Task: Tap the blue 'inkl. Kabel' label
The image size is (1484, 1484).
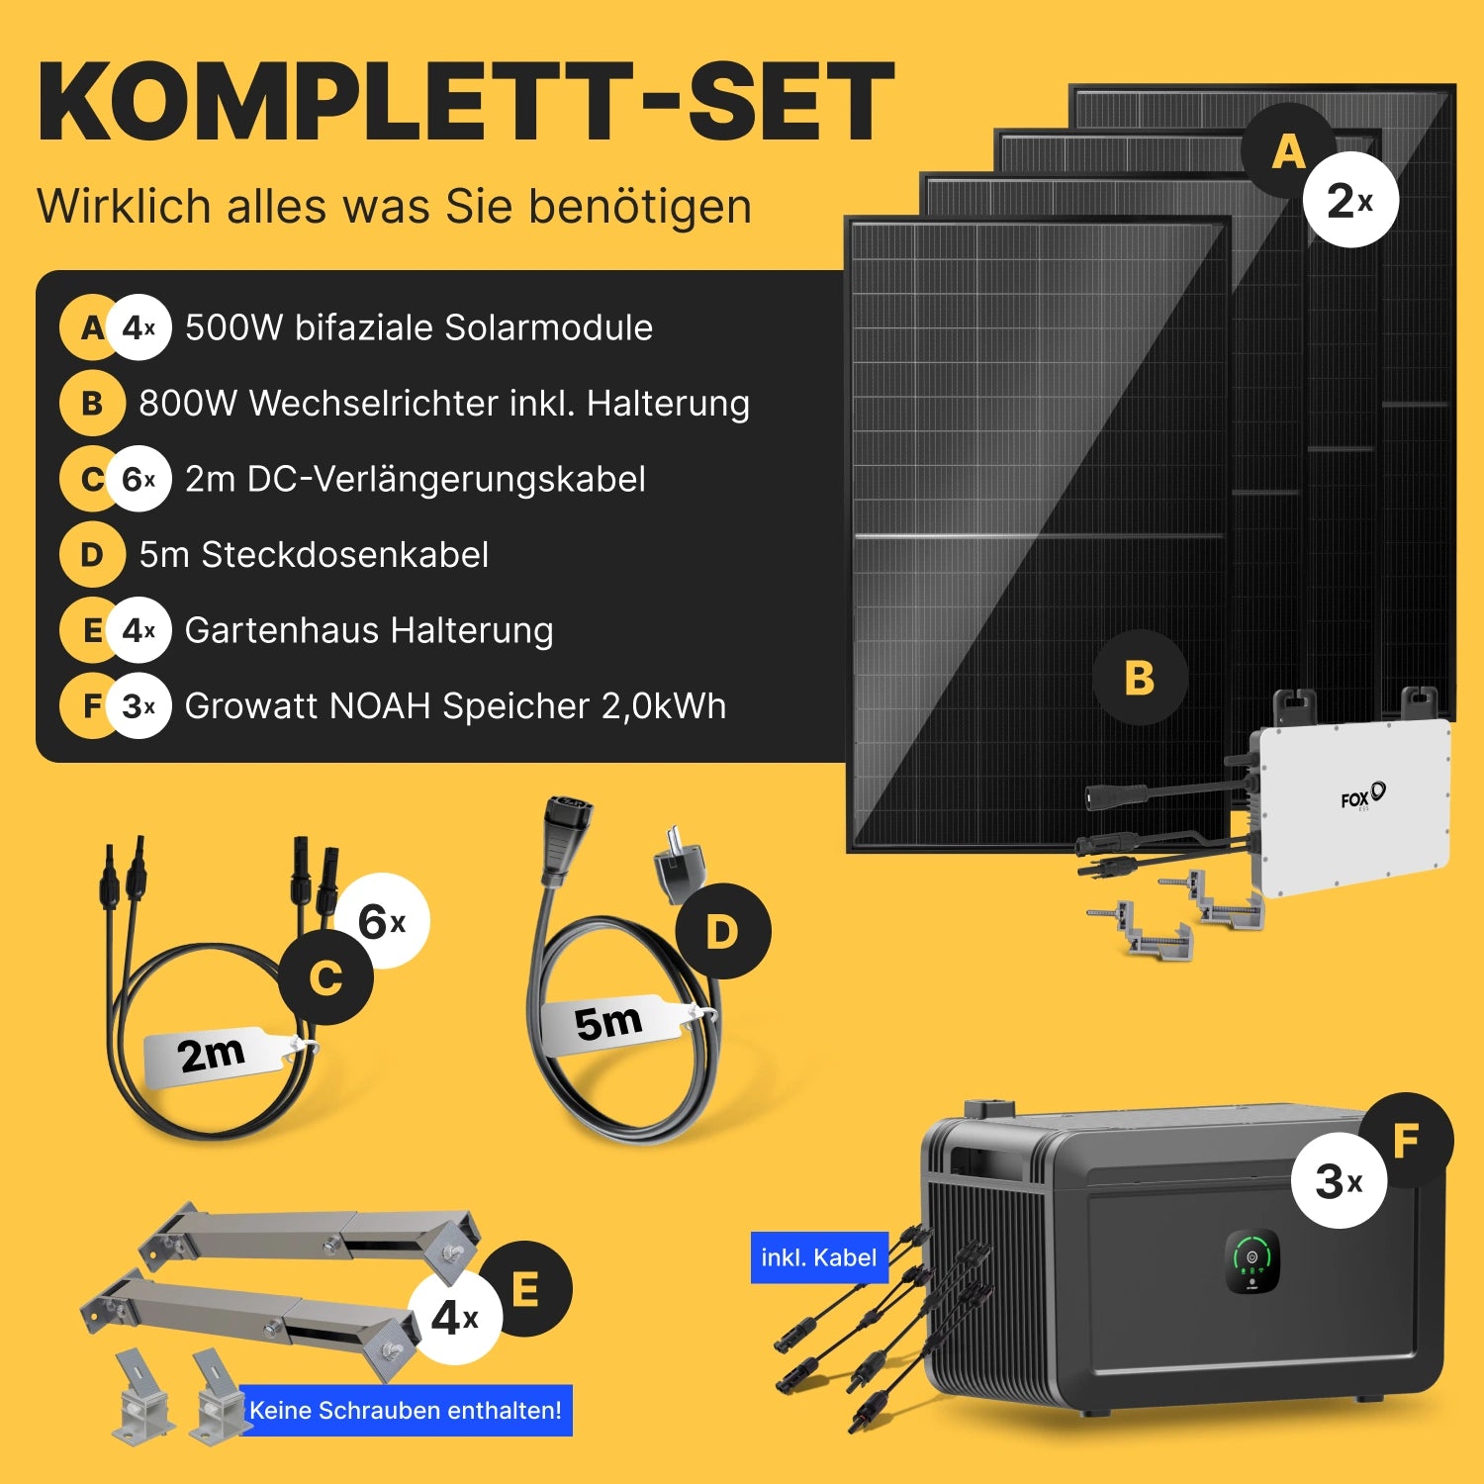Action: point(819,1257)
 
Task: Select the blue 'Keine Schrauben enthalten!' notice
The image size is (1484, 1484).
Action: point(406,1410)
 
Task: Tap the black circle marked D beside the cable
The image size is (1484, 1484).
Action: point(722,931)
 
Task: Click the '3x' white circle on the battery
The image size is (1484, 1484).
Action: point(1339,1180)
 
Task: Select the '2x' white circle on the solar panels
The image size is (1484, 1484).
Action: point(1349,200)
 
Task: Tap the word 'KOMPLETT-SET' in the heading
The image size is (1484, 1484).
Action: point(466,102)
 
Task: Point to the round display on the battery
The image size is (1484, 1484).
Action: point(1252,1260)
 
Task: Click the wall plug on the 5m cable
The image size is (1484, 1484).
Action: point(677,865)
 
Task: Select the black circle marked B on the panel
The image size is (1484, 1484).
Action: point(1140,678)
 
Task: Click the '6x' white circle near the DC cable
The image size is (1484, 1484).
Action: point(382,921)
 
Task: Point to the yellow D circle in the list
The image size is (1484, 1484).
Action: point(91,555)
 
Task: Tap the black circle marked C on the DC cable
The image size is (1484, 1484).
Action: point(325,978)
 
